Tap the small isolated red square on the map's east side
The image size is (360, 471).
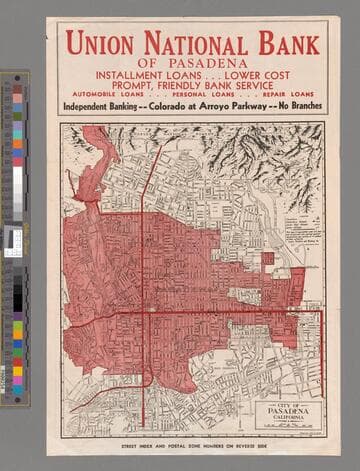click(x=268, y=258)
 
